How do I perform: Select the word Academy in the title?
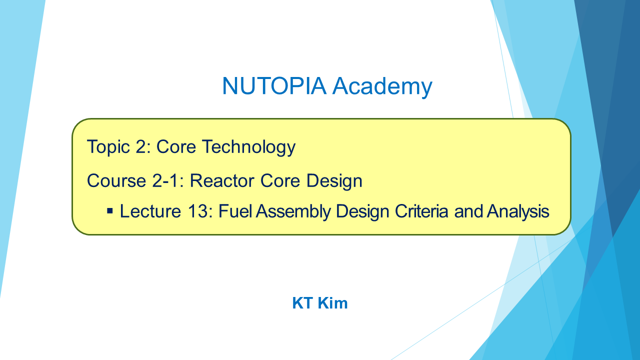382,87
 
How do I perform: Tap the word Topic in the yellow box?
108,147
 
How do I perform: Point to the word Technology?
249,147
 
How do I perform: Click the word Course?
116,181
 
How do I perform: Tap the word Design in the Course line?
334,181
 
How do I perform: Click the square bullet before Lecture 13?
110,211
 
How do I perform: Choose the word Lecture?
150,211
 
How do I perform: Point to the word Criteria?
421,211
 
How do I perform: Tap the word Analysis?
518,212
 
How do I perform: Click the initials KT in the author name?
302,303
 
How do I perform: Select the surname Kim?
332,303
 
